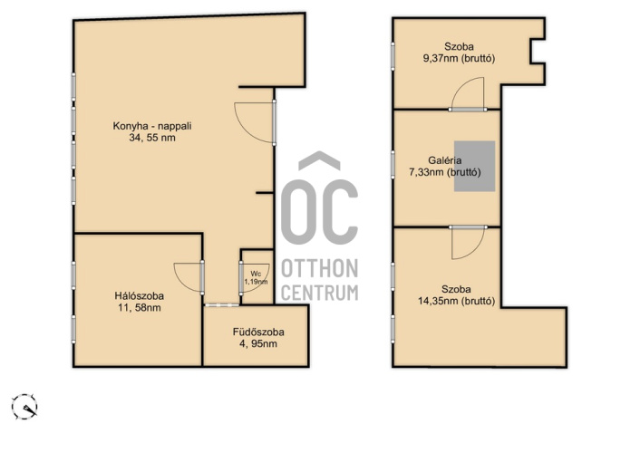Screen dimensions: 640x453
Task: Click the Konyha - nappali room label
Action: point(152,126)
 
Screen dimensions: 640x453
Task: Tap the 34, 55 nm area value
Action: point(152,138)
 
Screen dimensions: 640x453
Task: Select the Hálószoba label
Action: point(140,296)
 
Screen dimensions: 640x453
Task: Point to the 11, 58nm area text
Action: point(140,308)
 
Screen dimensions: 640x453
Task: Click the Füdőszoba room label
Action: point(258,332)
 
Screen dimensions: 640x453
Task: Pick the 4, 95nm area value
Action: point(258,343)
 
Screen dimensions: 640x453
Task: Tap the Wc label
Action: point(256,274)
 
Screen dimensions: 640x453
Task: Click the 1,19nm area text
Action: point(256,282)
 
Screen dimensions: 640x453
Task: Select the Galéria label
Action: point(445,160)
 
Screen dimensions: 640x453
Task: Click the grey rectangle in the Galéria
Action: point(475,166)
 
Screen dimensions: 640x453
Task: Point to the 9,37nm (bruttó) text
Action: point(460,58)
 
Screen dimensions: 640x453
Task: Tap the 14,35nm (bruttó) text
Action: point(456,301)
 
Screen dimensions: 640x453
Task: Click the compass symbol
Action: point(24,407)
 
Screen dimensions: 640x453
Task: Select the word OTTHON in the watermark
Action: point(320,268)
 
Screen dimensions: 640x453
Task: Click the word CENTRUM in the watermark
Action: point(320,293)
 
